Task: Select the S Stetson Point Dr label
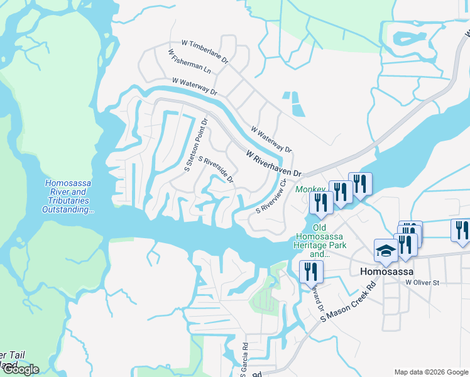click(x=195, y=145)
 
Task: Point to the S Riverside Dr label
click(x=216, y=170)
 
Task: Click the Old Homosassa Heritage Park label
click(x=319, y=241)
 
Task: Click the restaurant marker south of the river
click(x=311, y=271)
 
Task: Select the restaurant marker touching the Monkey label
click(x=321, y=202)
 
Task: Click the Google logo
click(x=20, y=369)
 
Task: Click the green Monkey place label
click(x=310, y=189)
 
